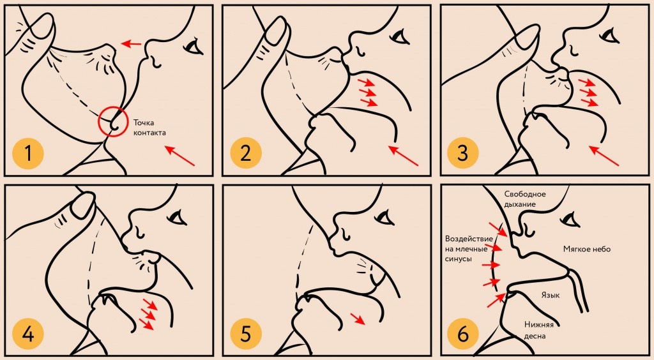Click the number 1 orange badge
pyautogui.click(x=28, y=153)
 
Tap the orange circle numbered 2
pyautogui.click(x=246, y=153)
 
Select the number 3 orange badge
pyautogui.click(x=463, y=153)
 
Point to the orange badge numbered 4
pyautogui.click(x=28, y=333)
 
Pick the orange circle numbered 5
pyautogui.click(x=246, y=333)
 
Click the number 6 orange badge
pyautogui.click(x=463, y=333)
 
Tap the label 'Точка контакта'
pyautogui.click(x=149, y=128)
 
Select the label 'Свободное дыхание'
pyautogui.click(x=525, y=199)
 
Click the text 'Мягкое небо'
pyautogui.click(x=587, y=249)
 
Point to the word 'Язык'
pyautogui.click(x=551, y=295)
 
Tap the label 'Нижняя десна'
pyautogui.click(x=539, y=330)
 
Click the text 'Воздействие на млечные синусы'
pyautogui.click(x=469, y=249)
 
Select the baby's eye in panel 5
pyautogui.click(x=384, y=218)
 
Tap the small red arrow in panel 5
pyautogui.click(x=358, y=319)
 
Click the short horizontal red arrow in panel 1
pyautogui.click(x=131, y=43)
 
